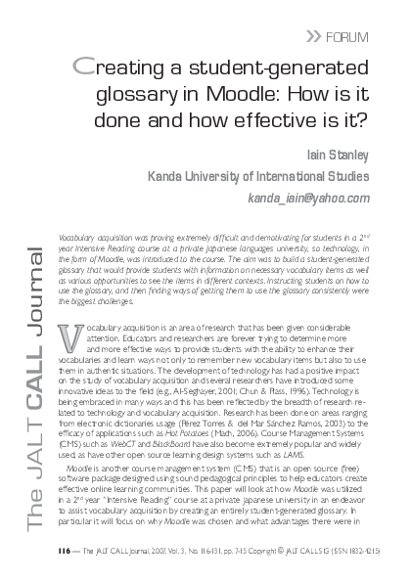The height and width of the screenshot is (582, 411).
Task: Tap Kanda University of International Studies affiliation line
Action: [x=271, y=177]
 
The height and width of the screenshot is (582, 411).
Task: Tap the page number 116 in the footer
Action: [x=64, y=565]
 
